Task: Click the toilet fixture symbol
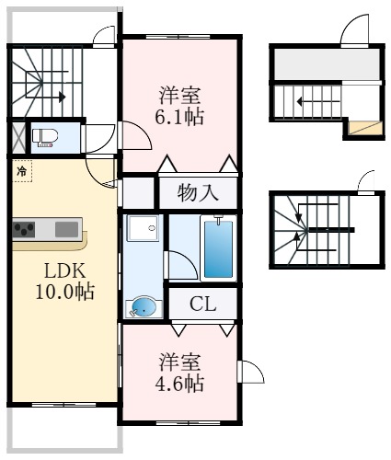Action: coord(45,137)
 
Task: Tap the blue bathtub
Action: coord(218,248)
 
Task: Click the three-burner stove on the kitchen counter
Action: coord(24,229)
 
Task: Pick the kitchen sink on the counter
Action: coord(66,229)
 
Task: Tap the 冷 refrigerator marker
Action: coord(22,171)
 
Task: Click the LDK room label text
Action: coord(64,270)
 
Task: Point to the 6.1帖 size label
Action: coord(179,118)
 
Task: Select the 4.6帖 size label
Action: coord(179,384)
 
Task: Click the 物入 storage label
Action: coord(198,193)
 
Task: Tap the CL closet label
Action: coord(202,304)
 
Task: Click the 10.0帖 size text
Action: coord(64,292)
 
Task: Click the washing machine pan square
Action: coord(144,228)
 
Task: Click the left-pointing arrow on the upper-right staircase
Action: coord(318,101)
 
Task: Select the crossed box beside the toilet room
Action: coord(19,138)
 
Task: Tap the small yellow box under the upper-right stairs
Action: coord(366,128)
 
